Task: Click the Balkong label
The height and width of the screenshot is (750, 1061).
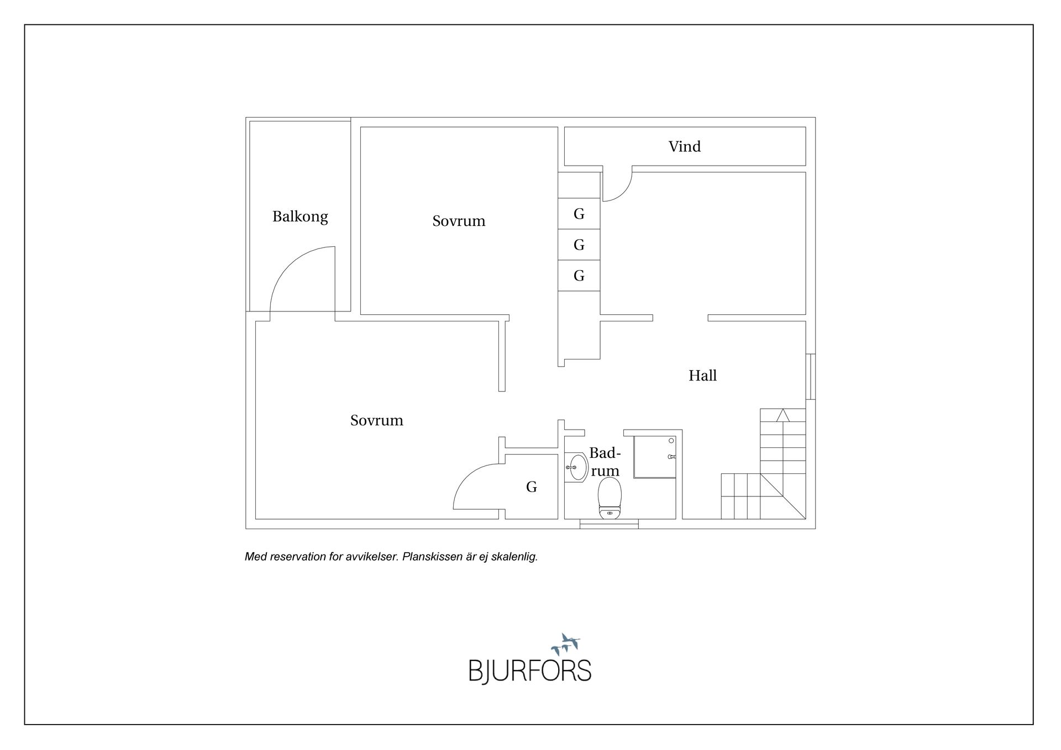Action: pyautogui.click(x=300, y=216)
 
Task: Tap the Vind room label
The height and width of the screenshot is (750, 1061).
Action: pyautogui.click(x=685, y=146)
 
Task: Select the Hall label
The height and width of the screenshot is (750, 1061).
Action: pyautogui.click(x=702, y=376)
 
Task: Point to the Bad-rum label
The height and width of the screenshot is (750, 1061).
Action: pyautogui.click(x=605, y=462)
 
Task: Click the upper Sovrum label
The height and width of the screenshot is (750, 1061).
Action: pyautogui.click(x=459, y=221)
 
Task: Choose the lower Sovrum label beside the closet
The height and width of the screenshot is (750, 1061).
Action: pyautogui.click(x=377, y=420)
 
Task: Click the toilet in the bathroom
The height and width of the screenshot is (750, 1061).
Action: pyautogui.click(x=610, y=498)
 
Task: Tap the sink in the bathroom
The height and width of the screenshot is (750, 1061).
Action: pyautogui.click(x=577, y=467)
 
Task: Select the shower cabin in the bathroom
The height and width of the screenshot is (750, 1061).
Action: pyautogui.click(x=655, y=457)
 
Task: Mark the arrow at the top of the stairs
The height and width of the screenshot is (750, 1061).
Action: pyautogui.click(x=782, y=415)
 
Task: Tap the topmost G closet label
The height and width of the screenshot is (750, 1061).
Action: pyautogui.click(x=579, y=214)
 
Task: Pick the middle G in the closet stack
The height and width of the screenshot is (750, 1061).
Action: pyautogui.click(x=579, y=245)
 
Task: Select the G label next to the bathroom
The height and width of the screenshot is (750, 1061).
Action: pyautogui.click(x=532, y=487)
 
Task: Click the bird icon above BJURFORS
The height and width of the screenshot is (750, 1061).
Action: pyautogui.click(x=566, y=645)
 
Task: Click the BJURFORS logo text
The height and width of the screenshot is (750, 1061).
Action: pyautogui.click(x=530, y=671)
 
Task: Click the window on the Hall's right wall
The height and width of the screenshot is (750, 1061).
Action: pyautogui.click(x=811, y=376)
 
